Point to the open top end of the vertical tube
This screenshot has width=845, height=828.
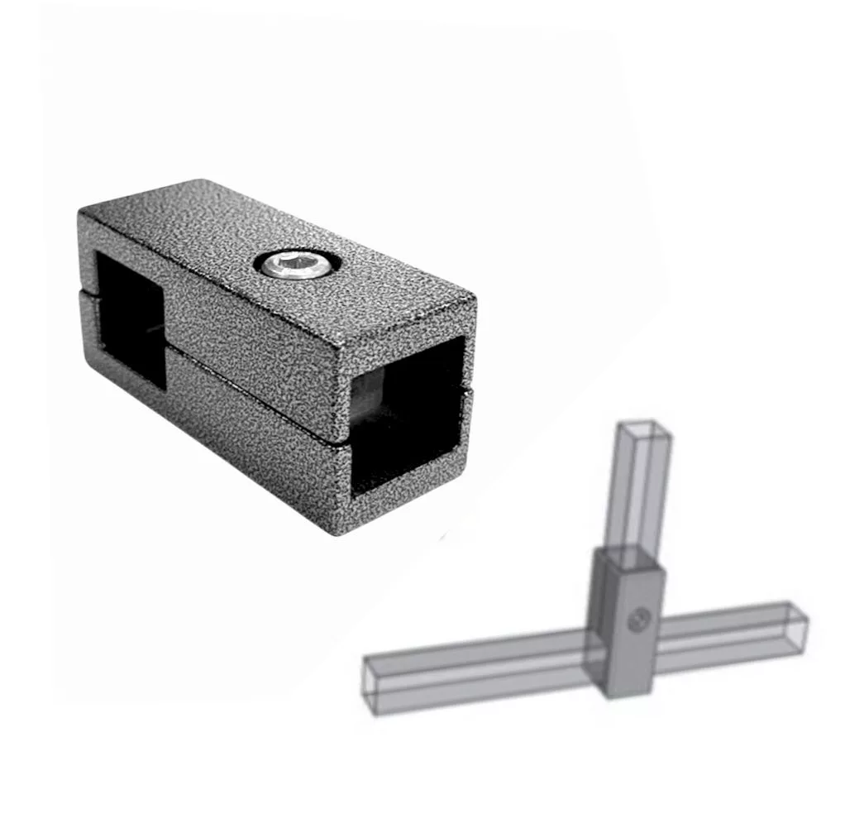click(x=643, y=428)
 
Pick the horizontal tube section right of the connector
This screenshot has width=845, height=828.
click(x=728, y=633)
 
